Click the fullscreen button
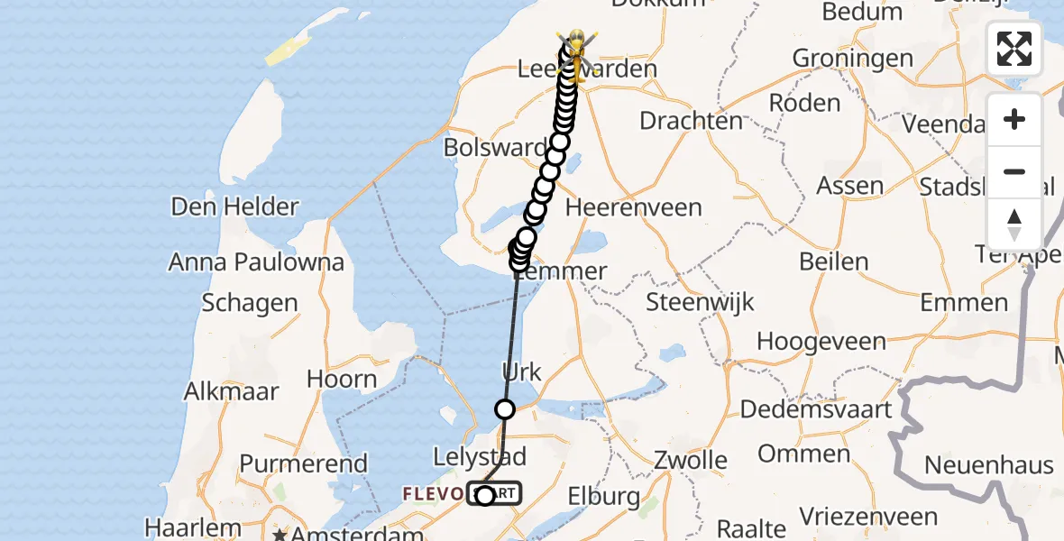(x=1014, y=49)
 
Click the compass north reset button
(x=1014, y=225)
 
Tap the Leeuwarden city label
(x=586, y=69)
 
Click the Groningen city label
(x=852, y=60)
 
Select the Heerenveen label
(x=634, y=207)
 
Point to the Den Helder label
(x=234, y=206)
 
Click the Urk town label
(x=521, y=371)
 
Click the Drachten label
(x=691, y=120)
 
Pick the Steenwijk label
(x=700, y=301)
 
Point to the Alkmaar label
(x=231, y=391)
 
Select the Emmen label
(x=965, y=301)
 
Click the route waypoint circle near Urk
(x=505, y=409)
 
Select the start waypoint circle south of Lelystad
(x=485, y=495)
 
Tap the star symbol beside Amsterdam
(x=280, y=535)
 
